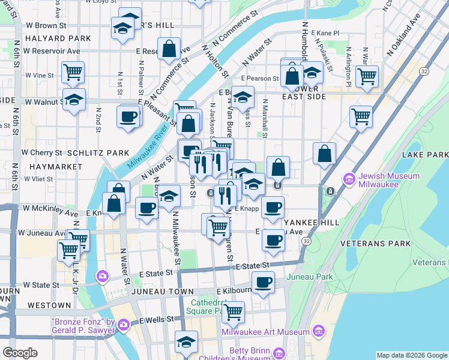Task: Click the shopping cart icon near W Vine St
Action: click(73, 73)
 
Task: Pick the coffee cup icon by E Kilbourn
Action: click(262, 281)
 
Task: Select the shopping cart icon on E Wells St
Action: click(233, 311)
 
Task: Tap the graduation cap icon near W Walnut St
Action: click(74, 99)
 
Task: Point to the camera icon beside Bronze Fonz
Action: click(124, 325)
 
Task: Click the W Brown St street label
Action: click(46, 26)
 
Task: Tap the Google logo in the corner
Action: click(20, 353)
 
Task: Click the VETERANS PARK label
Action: click(375, 244)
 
